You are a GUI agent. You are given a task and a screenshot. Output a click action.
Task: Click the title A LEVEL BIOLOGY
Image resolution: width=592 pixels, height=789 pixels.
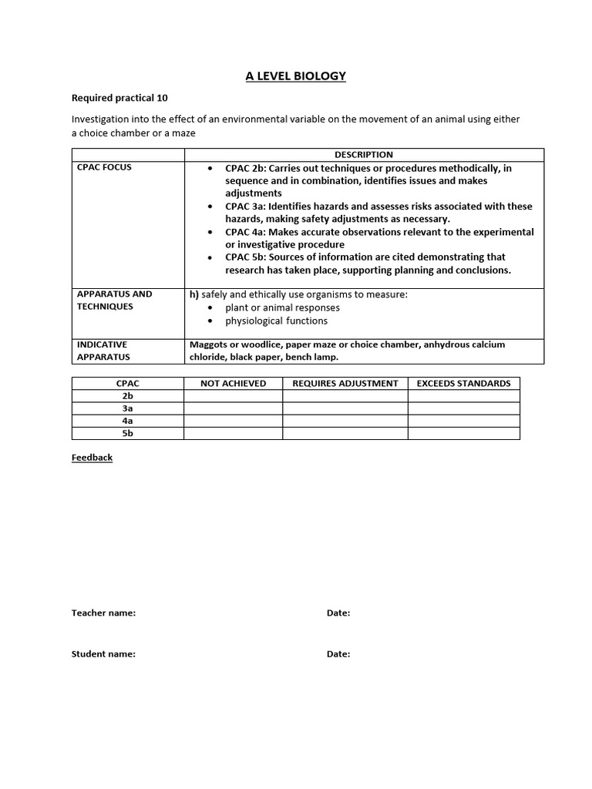[x=295, y=76]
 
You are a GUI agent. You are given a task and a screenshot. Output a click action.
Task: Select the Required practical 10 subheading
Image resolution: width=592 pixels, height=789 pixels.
[x=119, y=98]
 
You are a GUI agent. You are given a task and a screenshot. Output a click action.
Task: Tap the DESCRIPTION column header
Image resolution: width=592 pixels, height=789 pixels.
[x=364, y=155]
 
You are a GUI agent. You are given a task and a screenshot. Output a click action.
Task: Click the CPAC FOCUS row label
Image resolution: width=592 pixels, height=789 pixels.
[x=104, y=167]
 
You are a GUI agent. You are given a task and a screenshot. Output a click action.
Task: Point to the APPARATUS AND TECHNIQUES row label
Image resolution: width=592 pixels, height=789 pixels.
[x=114, y=300]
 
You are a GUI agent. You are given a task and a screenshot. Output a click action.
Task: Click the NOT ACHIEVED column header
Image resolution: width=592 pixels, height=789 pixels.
[x=233, y=383]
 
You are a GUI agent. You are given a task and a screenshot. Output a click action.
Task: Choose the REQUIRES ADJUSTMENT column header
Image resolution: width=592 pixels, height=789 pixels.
[x=345, y=383]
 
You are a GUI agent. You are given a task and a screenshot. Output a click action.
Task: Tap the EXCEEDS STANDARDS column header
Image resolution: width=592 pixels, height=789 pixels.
[x=463, y=383]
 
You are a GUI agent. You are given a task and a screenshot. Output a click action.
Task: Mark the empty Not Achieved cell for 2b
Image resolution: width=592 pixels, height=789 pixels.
[x=233, y=396]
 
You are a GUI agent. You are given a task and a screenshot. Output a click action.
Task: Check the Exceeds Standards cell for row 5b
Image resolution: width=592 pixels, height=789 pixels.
[x=463, y=434]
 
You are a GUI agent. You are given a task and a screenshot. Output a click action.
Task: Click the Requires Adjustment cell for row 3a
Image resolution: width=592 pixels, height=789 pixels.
[x=345, y=408]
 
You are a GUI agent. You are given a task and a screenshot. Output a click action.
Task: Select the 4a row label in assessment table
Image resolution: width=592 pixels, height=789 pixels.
[x=127, y=421]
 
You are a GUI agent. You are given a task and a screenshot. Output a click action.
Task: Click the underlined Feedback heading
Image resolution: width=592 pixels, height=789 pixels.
[x=92, y=458]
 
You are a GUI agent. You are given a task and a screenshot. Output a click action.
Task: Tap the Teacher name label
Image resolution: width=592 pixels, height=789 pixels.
[x=103, y=613]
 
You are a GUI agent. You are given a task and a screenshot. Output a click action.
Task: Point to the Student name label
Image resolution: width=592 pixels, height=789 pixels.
[x=103, y=654]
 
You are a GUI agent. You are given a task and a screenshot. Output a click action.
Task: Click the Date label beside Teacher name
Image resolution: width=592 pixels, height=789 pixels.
[x=338, y=613]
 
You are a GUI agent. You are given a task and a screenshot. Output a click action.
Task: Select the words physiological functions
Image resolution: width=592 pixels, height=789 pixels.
[x=276, y=321]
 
